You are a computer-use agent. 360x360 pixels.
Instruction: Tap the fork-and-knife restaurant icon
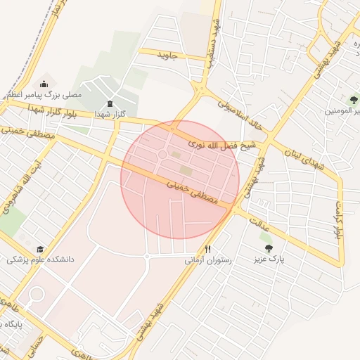(x=207, y=250)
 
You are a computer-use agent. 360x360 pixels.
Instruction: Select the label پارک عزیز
(x=269, y=259)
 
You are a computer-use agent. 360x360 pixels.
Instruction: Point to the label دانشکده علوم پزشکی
(x=40, y=259)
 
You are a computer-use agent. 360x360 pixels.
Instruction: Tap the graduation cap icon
(x=40, y=249)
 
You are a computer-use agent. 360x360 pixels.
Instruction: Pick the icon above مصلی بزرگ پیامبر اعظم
(x=44, y=84)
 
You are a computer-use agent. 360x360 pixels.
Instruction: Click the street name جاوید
(x=169, y=55)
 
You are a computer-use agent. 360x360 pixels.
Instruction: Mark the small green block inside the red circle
(x=186, y=169)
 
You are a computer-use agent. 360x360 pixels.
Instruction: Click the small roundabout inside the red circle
(x=162, y=155)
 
